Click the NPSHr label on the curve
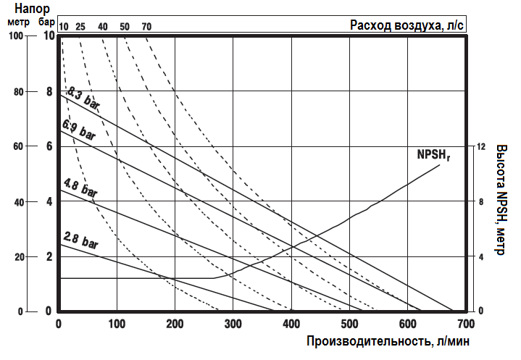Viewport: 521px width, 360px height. click(x=433, y=154)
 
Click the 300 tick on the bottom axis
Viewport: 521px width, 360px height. click(x=233, y=323)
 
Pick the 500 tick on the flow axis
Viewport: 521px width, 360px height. click(x=349, y=323)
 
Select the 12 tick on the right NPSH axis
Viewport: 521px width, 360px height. click(x=480, y=146)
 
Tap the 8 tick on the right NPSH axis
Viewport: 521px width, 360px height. click(x=480, y=201)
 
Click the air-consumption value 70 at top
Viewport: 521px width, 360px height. click(x=146, y=27)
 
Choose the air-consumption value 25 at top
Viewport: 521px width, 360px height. click(x=80, y=27)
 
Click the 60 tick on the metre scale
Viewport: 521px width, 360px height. click(x=18, y=146)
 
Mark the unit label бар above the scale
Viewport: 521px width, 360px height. click(x=48, y=22)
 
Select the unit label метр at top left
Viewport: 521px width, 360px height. click(x=17, y=22)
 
